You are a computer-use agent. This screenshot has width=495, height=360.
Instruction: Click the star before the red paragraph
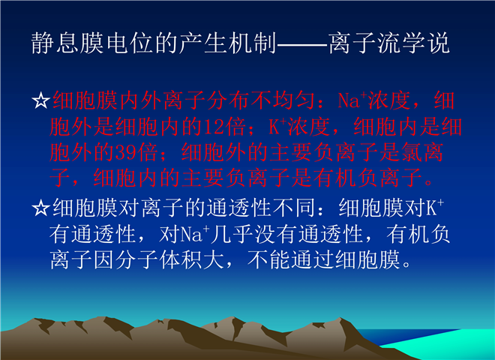click(x=40, y=100)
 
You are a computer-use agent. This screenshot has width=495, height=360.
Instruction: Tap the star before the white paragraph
click(x=40, y=208)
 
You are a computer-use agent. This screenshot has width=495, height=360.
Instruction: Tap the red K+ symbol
click(x=277, y=126)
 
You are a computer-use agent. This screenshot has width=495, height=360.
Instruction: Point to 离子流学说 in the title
click(x=389, y=43)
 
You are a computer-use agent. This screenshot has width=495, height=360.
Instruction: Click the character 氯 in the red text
click(x=411, y=153)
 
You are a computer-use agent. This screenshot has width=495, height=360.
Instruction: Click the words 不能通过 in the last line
click(x=291, y=260)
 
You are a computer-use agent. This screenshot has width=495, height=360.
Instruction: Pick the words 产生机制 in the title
click(x=229, y=43)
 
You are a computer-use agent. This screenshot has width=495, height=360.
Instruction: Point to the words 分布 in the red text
click(x=229, y=100)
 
